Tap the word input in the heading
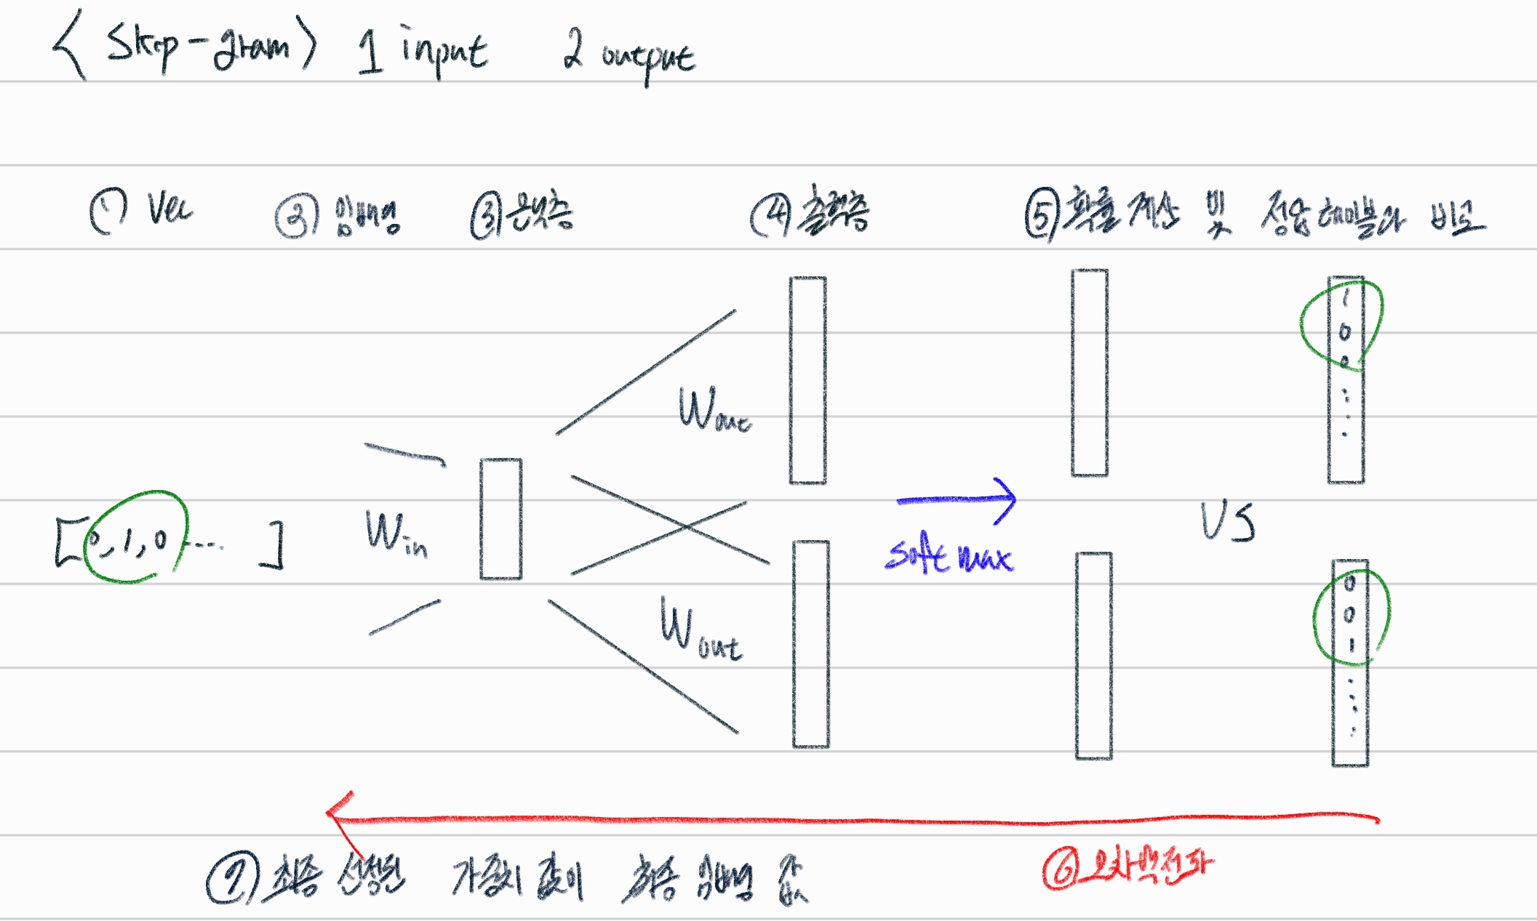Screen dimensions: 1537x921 point(444,51)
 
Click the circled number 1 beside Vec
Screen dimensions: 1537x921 point(108,210)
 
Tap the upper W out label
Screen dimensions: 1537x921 point(713,411)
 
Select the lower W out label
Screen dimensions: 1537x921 point(698,629)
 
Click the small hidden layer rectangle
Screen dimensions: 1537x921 point(500,519)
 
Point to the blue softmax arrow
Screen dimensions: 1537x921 point(957,499)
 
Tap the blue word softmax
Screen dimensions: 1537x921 point(948,557)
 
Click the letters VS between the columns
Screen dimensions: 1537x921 point(1227,522)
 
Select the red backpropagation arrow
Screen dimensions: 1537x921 point(851,821)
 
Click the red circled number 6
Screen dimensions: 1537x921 point(1061,869)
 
